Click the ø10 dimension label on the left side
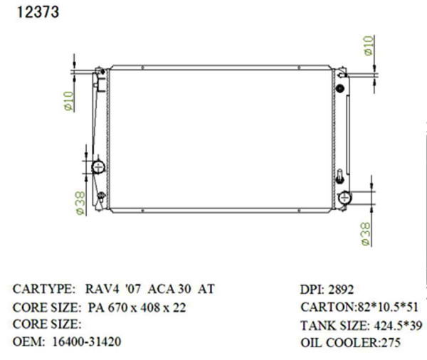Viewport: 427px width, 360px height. pos(69,102)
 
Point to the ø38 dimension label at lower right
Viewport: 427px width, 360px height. pos(366,232)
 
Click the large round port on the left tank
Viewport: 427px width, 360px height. pos(98,167)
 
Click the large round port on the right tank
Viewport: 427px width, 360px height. pos(345,197)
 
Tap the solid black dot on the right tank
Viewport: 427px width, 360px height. pos(339,88)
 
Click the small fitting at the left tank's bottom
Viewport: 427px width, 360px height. pos(101,196)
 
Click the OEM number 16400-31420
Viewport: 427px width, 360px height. pos(86,342)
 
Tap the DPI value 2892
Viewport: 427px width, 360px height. pos(340,290)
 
